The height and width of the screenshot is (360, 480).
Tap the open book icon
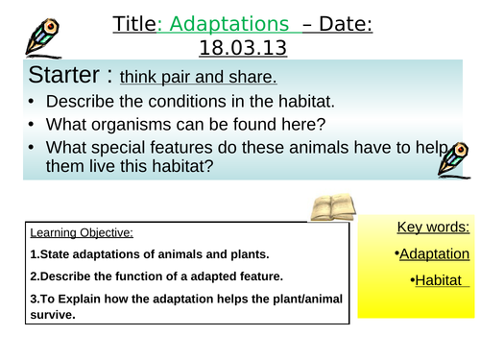click(332, 205)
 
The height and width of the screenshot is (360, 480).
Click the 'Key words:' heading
click(433, 228)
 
